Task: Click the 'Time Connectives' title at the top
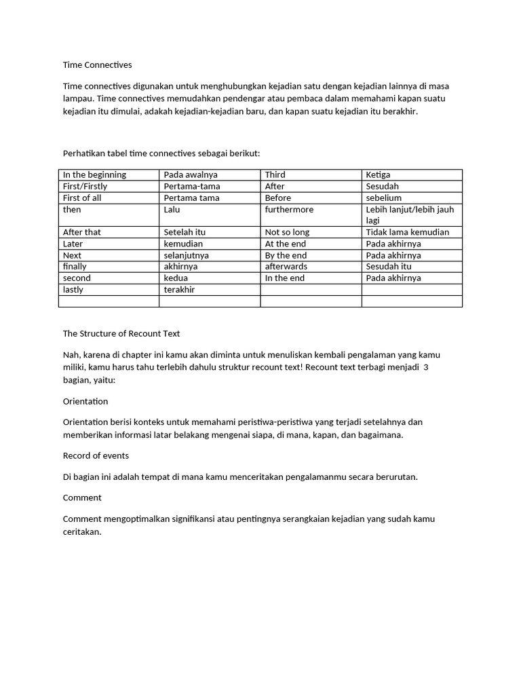pos(97,65)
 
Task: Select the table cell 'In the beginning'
pos(94,175)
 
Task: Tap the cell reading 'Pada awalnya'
pos(191,175)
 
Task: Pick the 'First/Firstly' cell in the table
pos(85,187)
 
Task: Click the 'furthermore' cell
pos(289,210)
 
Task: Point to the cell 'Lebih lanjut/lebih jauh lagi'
pos(410,215)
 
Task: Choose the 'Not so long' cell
pos(287,232)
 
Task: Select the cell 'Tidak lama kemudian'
pos(407,232)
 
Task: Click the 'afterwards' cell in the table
pos(286,267)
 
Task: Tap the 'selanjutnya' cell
pos(186,255)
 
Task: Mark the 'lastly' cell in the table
pos(75,290)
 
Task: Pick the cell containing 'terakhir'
pos(179,290)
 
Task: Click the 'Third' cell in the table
pos(275,175)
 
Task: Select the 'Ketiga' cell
pos(378,175)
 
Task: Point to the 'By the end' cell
pos(286,255)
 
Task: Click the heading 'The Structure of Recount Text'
pos(121,334)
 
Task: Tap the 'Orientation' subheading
pos(85,401)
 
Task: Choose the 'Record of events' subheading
pos(96,455)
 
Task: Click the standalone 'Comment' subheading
pos(82,497)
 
